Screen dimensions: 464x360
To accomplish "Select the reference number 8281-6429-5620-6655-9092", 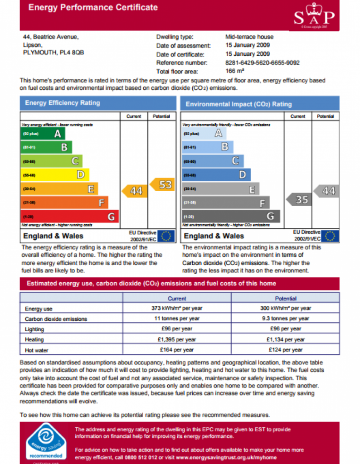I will (x=262, y=63).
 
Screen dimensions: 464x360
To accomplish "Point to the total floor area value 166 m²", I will (x=235, y=72).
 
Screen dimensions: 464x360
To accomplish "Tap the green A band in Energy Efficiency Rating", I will (x=44, y=134).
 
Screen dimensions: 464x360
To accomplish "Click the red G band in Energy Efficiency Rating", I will (x=70, y=217).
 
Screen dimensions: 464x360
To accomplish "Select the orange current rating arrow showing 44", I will (x=135, y=191).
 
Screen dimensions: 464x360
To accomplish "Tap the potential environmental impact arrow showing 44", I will (x=327, y=191).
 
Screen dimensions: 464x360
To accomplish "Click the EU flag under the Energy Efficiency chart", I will (x=167, y=236).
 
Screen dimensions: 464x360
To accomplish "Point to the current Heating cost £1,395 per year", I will (x=177, y=339).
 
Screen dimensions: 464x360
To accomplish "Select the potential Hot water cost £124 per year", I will (x=285, y=350).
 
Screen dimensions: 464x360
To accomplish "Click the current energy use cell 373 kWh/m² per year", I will (x=177, y=308).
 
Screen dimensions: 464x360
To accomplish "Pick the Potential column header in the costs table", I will (x=286, y=299).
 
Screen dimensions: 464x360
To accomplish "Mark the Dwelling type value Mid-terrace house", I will (x=249, y=37).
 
